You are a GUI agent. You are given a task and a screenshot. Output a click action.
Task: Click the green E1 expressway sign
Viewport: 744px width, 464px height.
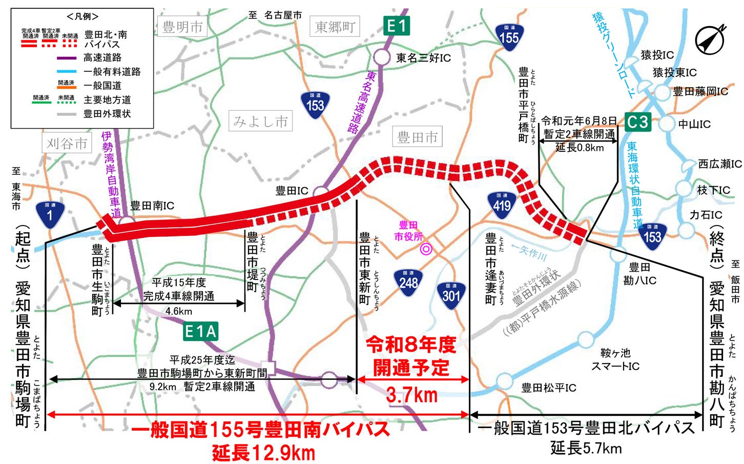tap(396, 26)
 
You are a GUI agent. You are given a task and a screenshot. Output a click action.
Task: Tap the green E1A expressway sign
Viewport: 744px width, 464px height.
tap(200, 332)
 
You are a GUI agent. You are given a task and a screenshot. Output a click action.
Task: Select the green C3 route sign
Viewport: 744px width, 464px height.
tap(637, 122)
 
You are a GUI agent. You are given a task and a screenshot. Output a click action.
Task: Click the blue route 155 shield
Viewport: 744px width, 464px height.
tap(509, 37)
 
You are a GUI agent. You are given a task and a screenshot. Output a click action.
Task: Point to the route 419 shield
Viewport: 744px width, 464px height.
tap(502, 206)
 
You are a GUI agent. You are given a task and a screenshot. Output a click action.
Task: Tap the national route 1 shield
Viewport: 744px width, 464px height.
tap(50, 214)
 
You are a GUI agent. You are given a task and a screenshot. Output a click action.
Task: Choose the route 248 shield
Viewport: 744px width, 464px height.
tap(408, 282)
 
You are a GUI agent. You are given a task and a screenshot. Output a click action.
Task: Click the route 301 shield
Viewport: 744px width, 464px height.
tap(451, 295)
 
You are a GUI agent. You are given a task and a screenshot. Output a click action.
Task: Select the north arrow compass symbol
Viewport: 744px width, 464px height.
tap(710, 39)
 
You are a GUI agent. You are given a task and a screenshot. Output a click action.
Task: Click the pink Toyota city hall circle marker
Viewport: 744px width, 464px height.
tap(426, 249)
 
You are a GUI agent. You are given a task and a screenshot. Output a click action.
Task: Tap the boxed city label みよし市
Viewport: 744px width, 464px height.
tap(260, 122)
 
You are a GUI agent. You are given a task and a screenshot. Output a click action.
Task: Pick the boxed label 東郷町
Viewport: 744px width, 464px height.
tap(335, 27)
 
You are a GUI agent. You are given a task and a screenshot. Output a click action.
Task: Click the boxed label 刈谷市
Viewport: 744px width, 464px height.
tap(67, 144)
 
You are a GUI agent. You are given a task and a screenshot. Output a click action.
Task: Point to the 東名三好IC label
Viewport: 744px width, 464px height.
tap(423, 58)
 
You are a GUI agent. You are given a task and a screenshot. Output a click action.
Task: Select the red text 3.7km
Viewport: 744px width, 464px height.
tap(411, 395)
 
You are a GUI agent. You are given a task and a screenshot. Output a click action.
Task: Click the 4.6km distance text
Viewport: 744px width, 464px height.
tap(179, 311)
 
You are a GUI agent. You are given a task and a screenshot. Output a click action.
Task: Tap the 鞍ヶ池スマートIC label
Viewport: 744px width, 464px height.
tap(615, 359)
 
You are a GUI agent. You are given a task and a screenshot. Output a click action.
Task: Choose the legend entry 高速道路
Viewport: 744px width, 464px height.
tap(102, 57)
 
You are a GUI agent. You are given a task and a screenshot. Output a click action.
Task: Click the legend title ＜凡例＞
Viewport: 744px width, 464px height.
tap(82, 16)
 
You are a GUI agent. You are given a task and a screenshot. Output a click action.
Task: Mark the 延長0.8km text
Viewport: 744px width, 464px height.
tap(580, 148)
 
